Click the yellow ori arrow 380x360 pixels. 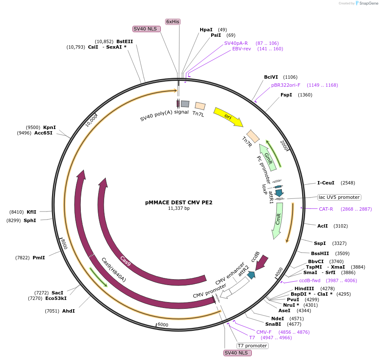(x=228, y=117)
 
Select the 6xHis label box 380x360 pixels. (x=173, y=22)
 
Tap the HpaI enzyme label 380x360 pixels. (x=206, y=30)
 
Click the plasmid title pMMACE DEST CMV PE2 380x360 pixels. (x=179, y=203)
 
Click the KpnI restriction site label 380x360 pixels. (x=50, y=127)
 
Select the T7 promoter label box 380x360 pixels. (x=252, y=346)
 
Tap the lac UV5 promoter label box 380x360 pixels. (x=339, y=197)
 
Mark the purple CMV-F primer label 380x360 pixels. (x=264, y=332)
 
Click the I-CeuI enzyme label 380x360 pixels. (x=326, y=183)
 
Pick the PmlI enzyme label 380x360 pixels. (x=39, y=257)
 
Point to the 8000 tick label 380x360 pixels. (x=64, y=244)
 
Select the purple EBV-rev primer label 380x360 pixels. (x=242, y=49)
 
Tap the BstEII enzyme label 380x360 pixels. (x=125, y=41)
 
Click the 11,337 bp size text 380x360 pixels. (x=179, y=208)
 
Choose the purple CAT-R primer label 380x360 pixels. (x=326, y=209)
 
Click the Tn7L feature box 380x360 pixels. (x=200, y=106)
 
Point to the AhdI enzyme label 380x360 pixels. (x=69, y=311)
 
